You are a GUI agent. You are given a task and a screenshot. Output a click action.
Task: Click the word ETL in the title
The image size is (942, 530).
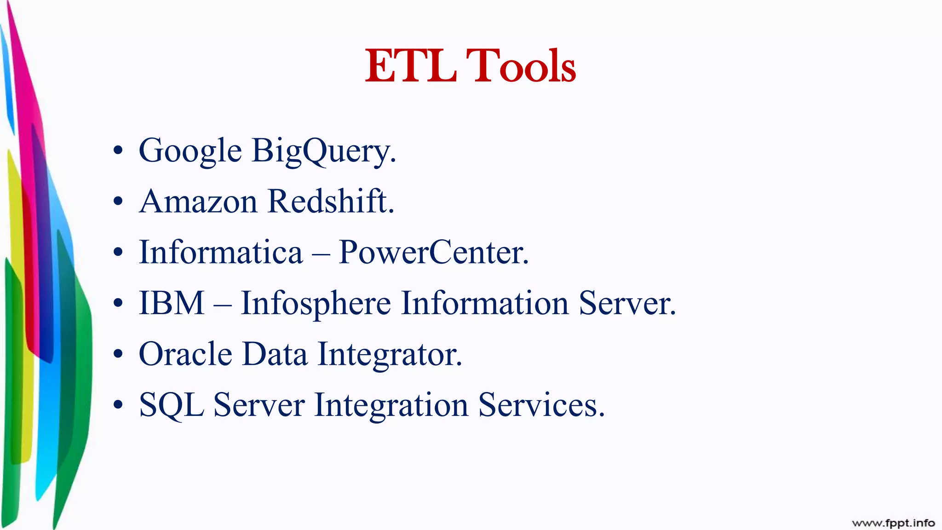[x=410, y=67]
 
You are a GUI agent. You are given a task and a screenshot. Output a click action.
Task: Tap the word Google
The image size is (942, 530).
[x=190, y=151]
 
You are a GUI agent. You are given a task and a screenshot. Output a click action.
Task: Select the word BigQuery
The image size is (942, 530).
[x=323, y=151]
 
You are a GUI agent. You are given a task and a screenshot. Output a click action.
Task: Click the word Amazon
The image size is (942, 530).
[x=198, y=202]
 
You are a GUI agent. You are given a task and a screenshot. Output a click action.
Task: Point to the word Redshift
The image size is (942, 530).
[x=330, y=202]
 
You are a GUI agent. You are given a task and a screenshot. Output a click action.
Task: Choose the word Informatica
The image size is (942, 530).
[x=221, y=253]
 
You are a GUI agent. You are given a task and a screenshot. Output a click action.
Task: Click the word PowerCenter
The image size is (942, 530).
[x=433, y=253]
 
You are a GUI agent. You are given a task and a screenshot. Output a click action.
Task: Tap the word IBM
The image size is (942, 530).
[x=172, y=304]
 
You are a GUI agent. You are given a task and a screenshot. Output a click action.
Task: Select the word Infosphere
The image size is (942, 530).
[x=316, y=304]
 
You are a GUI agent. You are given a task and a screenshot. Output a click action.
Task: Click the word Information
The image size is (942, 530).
[x=485, y=304]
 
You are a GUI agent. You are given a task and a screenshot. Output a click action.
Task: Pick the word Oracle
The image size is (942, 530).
[x=185, y=354]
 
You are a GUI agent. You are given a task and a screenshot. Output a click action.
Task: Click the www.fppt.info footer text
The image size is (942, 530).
[x=893, y=523]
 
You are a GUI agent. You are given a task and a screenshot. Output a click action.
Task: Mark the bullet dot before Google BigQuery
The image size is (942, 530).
[x=118, y=151]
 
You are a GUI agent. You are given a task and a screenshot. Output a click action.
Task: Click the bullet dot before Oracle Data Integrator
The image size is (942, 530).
[x=118, y=354]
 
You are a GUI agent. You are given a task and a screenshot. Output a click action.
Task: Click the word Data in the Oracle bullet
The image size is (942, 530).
[x=275, y=354]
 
